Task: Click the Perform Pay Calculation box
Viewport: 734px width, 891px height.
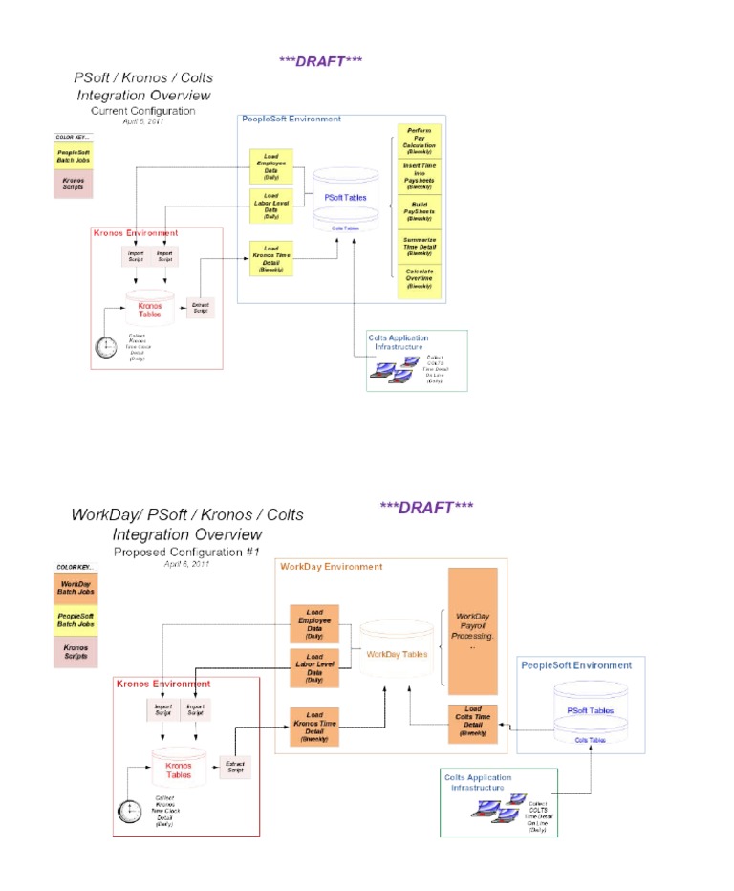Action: click(419, 141)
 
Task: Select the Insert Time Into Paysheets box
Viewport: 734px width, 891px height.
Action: click(419, 176)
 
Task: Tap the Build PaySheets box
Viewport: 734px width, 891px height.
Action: click(419, 211)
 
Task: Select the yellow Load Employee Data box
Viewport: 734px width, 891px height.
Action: click(271, 166)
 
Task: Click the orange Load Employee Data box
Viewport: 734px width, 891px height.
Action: click(314, 622)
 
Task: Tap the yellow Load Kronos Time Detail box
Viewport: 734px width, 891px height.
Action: click(271, 258)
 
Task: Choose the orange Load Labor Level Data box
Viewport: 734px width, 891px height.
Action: click(314, 665)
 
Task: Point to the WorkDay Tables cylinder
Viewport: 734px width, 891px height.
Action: click(398, 654)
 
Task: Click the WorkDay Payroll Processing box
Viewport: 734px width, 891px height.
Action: click(473, 631)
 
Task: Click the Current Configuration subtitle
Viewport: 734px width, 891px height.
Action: click(148, 111)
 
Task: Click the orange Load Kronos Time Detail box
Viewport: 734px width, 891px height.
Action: click(314, 726)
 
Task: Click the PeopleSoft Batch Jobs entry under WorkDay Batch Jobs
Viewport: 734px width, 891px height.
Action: click(75, 619)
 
